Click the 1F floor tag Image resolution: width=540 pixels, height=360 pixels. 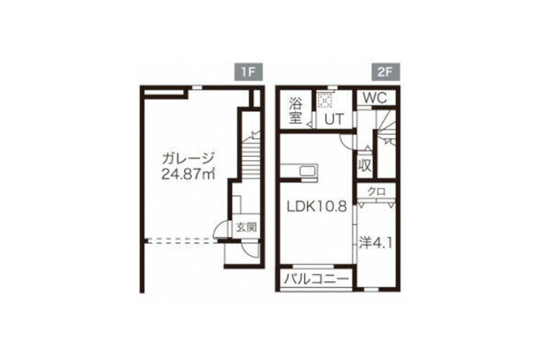[x=249, y=72]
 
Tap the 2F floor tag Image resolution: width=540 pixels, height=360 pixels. [x=386, y=72]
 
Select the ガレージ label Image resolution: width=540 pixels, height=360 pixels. [x=188, y=159]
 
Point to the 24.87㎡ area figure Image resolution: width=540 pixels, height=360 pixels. [x=188, y=174]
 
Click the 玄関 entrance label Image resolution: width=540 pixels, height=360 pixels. [x=247, y=227]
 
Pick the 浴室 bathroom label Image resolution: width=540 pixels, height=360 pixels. [x=296, y=110]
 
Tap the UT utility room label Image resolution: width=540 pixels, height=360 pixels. [x=335, y=120]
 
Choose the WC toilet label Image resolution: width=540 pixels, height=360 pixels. [x=375, y=98]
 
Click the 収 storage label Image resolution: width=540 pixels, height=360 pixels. [x=365, y=166]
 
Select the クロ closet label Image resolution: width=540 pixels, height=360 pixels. [x=376, y=191]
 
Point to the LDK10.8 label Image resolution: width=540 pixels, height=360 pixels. [x=317, y=206]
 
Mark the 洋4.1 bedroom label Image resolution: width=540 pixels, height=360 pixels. [x=375, y=243]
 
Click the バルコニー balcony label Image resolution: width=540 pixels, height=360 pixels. [x=316, y=278]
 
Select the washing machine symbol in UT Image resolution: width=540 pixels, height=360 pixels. [x=324, y=101]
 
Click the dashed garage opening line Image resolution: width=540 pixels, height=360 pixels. [x=184, y=240]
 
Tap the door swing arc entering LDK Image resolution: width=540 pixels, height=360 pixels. [x=345, y=141]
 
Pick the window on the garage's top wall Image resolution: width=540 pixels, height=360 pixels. [x=197, y=87]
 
